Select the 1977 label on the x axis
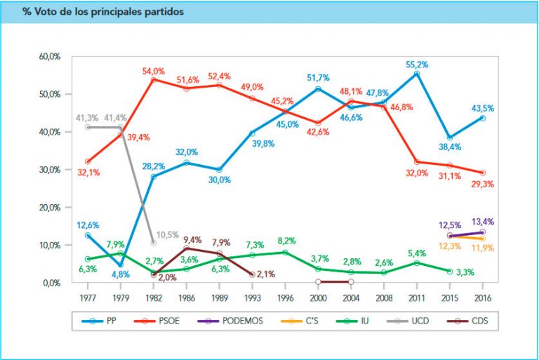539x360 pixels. tap(88, 297)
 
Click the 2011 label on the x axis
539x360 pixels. tap(417, 297)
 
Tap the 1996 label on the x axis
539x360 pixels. tap(285, 297)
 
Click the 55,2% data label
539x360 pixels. tap(417, 64)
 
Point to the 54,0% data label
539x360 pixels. tap(153, 71)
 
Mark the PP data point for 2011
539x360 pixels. tap(417, 74)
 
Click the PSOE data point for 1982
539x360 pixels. tap(154, 79)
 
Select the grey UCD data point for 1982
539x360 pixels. tap(154, 243)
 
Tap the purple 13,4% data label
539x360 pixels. tap(483, 222)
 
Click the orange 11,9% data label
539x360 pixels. tap(483, 248)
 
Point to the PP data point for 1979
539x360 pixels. tap(121, 265)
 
